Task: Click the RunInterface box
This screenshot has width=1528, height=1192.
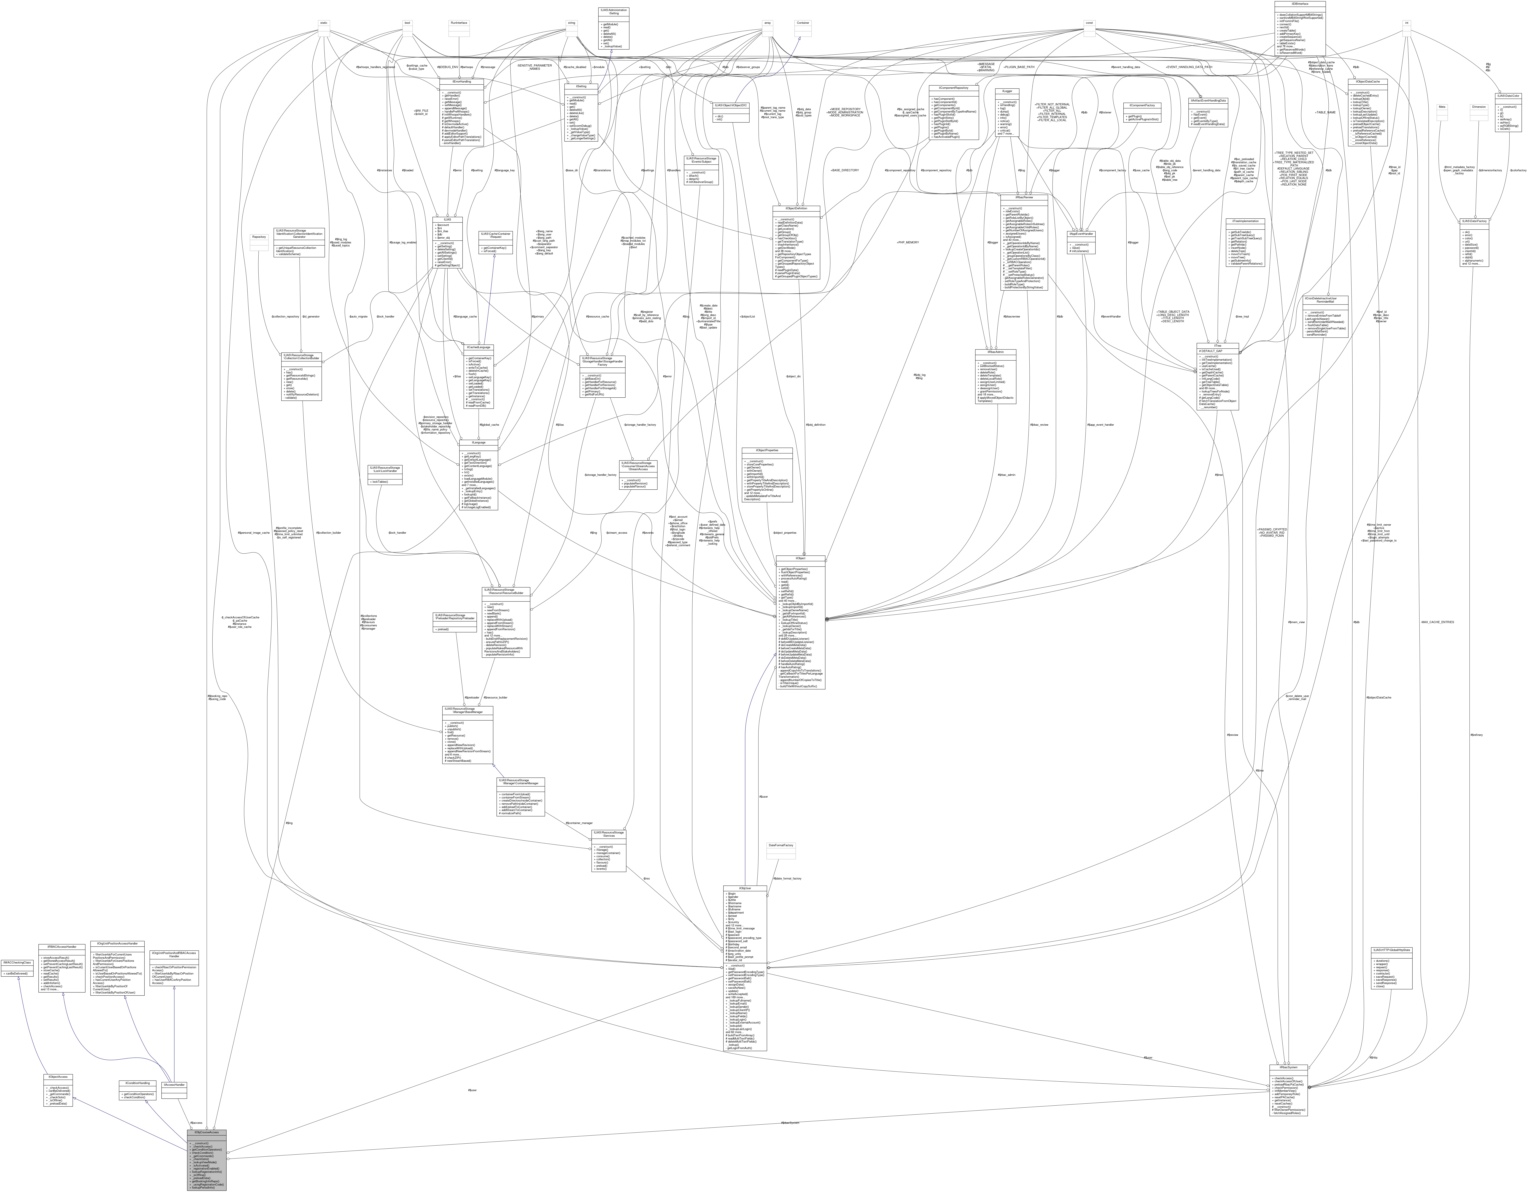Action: tap(458, 22)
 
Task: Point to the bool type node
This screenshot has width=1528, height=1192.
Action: tap(407, 22)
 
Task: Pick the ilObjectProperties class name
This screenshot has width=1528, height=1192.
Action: tap(768, 450)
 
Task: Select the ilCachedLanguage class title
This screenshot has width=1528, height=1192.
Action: tap(480, 347)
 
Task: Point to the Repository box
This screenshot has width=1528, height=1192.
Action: tap(259, 237)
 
